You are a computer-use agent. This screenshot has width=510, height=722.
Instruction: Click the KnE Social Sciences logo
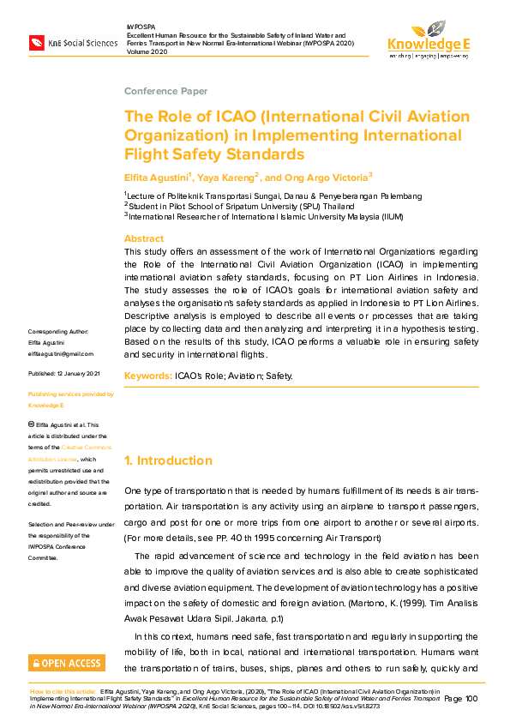[73, 42]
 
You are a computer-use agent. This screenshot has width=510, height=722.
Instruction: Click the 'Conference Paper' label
[165, 91]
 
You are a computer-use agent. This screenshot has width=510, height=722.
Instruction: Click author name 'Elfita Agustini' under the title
[156, 177]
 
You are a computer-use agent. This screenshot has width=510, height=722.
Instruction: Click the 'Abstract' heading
[144, 238]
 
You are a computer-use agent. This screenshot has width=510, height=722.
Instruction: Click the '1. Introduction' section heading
[168, 460]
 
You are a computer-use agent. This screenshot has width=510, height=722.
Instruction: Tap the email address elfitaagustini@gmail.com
[61, 353]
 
